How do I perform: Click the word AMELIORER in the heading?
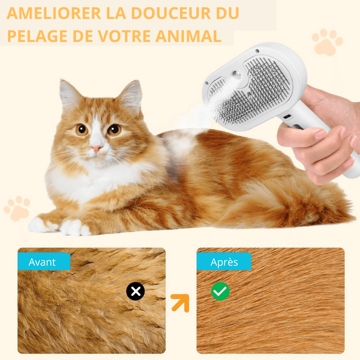[x=54, y=13]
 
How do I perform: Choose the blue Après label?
[x=224, y=262]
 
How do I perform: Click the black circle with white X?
[x=135, y=291]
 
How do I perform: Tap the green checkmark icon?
[x=220, y=291]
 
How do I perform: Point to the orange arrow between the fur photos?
[x=180, y=302]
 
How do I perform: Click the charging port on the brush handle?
[x=287, y=117]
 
